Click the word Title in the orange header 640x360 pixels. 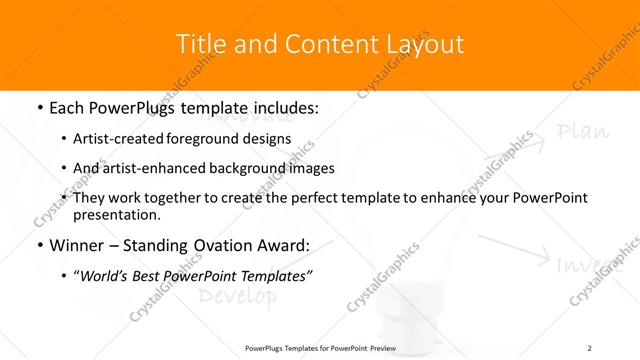pos(200,44)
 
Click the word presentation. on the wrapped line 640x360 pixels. pos(116,214)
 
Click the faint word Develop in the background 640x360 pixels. pos(236,296)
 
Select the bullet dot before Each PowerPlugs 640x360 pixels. pos(38,108)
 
